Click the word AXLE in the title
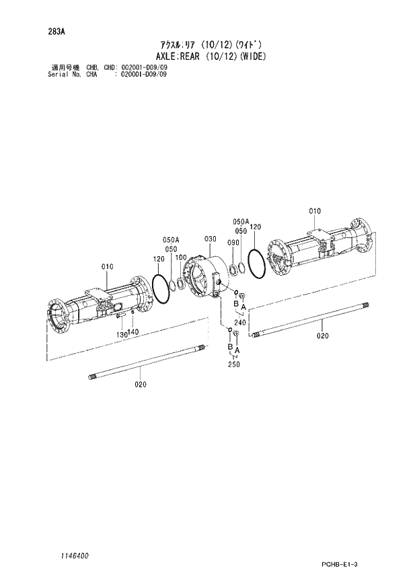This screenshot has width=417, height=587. coord(166,57)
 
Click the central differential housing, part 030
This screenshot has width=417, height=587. coord(205,275)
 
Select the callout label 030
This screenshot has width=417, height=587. coord(210,239)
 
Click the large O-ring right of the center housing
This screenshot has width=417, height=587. coord(256,264)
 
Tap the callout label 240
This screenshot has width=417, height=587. coord(240,322)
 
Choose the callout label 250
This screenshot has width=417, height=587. coord(233,364)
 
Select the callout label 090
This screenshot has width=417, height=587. coord(233,243)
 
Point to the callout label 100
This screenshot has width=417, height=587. coord(181,258)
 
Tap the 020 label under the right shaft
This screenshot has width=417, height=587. coord(323,336)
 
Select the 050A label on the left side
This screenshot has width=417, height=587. coord(170,239)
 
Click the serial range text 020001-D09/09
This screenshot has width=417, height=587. coord(144,74)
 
